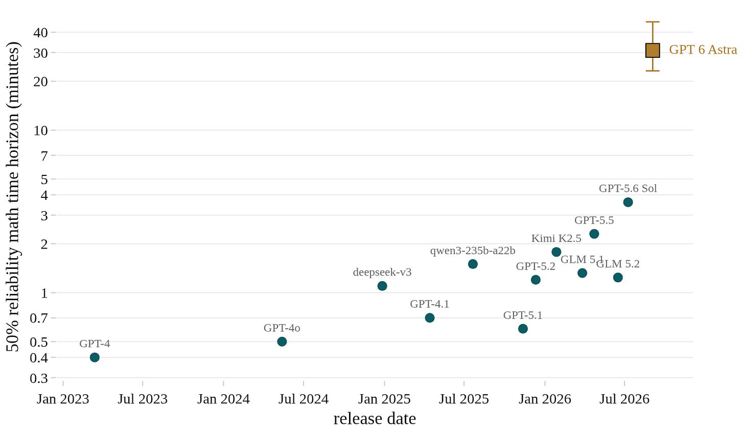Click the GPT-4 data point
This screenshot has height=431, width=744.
click(x=95, y=357)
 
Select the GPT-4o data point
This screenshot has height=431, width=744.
click(x=282, y=342)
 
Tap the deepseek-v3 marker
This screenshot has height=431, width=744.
click(x=382, y=286)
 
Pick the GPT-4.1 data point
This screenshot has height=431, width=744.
click(x=430, y=318)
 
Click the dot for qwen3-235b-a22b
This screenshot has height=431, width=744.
click(x=473, y=264)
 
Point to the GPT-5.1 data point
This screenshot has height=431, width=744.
click(x=523, y=329)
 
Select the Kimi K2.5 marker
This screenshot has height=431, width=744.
click(x=556, y=252)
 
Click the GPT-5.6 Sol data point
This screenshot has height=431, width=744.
click(x=628, y=202)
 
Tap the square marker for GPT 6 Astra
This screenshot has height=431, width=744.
click(x=653, y=51)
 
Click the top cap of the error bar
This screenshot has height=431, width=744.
click(x=653, y=22)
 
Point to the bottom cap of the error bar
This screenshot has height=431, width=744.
click(x=653, y=71)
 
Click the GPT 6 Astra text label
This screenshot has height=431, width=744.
click(x=703, y=50)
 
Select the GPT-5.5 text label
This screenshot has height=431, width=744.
click(x=594, y=220)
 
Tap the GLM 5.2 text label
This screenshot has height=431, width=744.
click(x=618, y=264)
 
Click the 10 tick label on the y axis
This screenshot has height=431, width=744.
click(x=41, y=130)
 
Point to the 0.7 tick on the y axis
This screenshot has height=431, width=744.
click(x=54, y=318)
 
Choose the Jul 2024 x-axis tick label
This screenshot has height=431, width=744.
click(x=304, y=399)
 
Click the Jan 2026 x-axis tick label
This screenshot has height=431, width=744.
click(x=545, y=399)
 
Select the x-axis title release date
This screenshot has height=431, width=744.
click(x=375, y=419)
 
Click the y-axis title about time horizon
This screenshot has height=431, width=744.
click(x=13, y=197)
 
